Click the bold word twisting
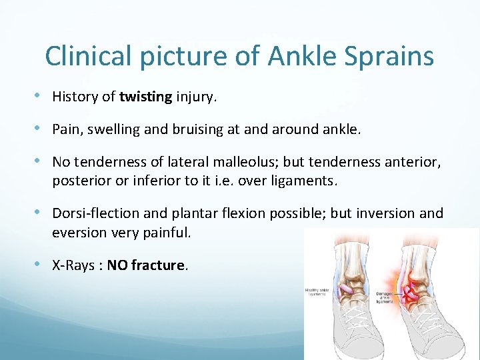(146, 97)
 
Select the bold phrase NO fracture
(145, 265)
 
